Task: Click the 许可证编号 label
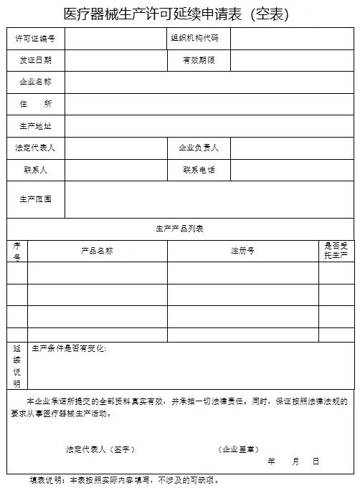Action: (35, 37)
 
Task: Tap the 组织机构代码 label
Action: (194, 37)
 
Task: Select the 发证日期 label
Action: (35, 60)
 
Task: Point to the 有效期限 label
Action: (198, 60)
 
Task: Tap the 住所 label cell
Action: (35, 104)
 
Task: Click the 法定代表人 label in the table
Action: (35, 148)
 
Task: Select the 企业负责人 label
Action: (198, 148)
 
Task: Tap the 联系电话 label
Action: (198, 170)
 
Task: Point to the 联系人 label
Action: (35, 170)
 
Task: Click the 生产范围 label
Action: (35, 199)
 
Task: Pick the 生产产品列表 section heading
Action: (180, 229)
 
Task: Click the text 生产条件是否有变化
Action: (69, 349)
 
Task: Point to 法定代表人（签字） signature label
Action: (100, 449)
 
